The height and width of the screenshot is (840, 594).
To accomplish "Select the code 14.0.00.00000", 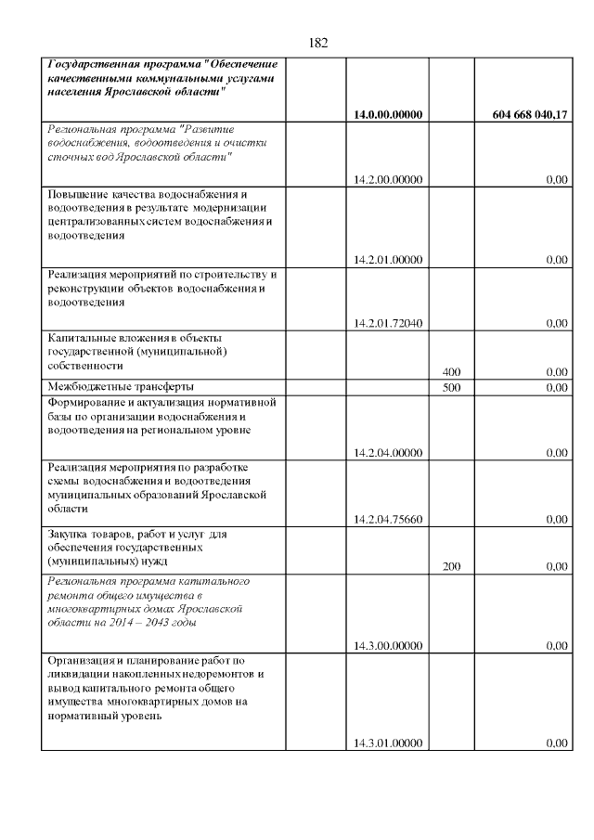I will (388, 115).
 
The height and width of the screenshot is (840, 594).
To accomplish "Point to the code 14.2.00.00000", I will (388, 180).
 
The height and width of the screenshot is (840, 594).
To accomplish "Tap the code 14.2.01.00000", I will (388, 260).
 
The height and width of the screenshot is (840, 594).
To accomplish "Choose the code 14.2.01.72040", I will (388, 323).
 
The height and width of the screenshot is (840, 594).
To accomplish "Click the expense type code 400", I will (451, 372).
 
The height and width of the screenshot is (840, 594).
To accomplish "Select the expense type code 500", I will (451, 387).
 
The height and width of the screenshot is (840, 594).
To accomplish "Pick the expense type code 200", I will (451, 565).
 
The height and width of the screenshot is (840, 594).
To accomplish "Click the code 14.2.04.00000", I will (388, 453).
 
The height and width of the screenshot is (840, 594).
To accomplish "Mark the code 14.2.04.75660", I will (388, 520).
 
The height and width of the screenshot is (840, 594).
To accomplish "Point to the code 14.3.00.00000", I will (388, 646).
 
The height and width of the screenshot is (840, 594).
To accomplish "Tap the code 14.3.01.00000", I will (388, 743).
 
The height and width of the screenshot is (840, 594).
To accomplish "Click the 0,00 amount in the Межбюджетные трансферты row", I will (556, 387).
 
